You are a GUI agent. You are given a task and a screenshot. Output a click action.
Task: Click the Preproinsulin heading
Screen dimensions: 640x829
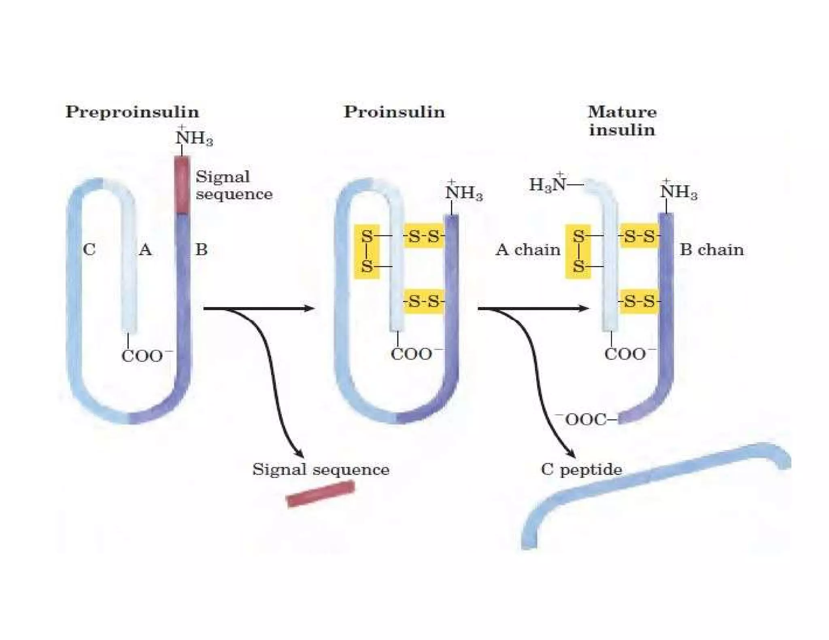click(132, 112)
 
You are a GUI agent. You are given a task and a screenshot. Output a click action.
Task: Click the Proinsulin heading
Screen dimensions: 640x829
click(394, 112)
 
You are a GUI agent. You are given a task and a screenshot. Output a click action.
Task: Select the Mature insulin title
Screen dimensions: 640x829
click(622, 121)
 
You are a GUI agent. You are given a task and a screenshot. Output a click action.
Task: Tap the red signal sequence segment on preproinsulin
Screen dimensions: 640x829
click(182, 184)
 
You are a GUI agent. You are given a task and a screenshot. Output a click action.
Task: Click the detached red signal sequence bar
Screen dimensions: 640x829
click(321, 494)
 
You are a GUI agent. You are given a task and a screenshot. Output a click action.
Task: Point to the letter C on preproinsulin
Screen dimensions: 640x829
click(89, 250)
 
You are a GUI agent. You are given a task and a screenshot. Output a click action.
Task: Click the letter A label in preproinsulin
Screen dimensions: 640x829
click(145, 250)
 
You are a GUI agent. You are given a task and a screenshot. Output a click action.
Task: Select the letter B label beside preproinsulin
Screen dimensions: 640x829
click(201, 250)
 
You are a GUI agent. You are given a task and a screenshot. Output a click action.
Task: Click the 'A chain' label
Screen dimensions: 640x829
click(527, 250)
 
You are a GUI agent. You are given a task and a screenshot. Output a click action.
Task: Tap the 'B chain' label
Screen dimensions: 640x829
click(711, 250)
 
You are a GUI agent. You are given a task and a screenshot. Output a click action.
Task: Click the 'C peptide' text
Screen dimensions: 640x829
click(581, 469)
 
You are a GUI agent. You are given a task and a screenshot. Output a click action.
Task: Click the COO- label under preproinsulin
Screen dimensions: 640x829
click(146, 356)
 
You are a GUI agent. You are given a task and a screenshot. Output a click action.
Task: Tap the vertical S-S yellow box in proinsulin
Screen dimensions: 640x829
click(367, 251)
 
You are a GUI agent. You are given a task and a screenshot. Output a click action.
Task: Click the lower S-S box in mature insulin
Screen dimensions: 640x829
click(639, 301)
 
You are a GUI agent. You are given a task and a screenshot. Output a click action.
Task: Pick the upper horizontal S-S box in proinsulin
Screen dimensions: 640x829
click(423, 236)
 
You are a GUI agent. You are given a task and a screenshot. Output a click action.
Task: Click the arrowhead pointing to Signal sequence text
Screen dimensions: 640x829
click(299, 455)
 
